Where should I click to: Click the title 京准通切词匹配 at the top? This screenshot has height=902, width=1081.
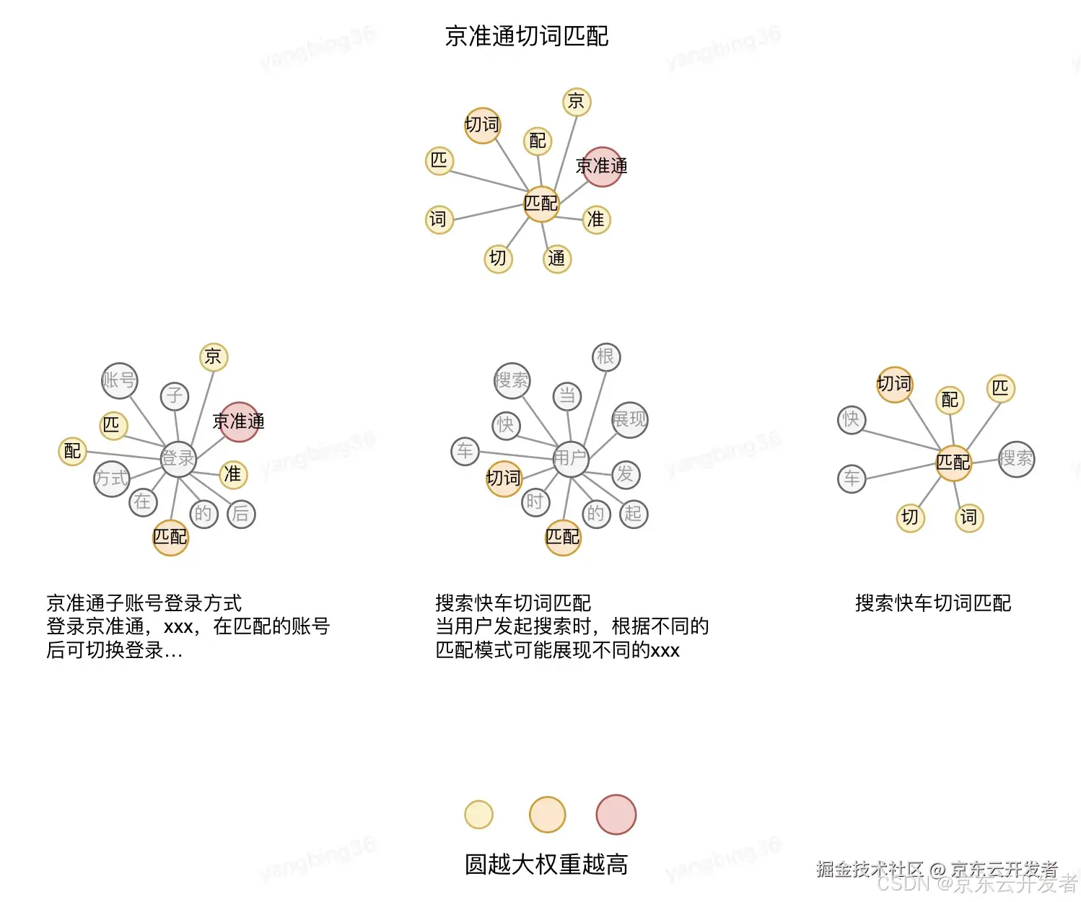click(x=527, y=36)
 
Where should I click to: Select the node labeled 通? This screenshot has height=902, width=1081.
click(x=556, y=258)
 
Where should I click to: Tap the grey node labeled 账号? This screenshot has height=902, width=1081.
click(x=119, y=380)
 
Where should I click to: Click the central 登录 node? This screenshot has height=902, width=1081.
click(x=178, y=458)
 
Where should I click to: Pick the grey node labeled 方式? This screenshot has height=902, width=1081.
click(x=112, y=478)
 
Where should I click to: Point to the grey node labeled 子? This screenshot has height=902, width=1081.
click(x=175, y=395)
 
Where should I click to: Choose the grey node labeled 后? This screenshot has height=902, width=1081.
click(x=241, y=514)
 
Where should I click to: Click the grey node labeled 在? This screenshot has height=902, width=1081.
click(x=143, y=502)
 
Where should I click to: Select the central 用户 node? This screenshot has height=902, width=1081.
click(x=571, y=458)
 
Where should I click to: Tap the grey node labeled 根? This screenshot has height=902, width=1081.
click(x=606, y=356)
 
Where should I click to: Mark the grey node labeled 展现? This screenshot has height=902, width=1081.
click(x=629, y=419)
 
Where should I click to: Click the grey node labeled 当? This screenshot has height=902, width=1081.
click(x=567, y=395)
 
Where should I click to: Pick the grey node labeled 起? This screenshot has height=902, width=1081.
click(x=634, y=514)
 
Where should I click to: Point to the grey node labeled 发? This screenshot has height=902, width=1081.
click(x=626, y=474)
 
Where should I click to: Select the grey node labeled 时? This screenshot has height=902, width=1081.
click(x=535, y=502)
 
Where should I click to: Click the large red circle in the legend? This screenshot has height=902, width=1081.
click(x=616, y=814)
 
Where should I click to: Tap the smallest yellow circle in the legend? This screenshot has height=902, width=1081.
click(x=479, y=815)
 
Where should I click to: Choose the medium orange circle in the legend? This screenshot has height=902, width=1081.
click(x=547, y=815)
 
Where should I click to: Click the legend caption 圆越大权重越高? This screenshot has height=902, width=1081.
click(x=546, y=864)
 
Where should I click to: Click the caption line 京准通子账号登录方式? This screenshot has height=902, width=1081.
click(x=144, y=603)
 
